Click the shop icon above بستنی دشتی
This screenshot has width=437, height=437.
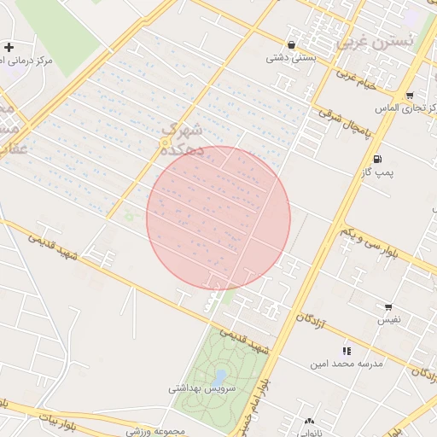click(x=293, y=45)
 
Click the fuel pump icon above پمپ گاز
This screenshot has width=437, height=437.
click(x=376, y=160)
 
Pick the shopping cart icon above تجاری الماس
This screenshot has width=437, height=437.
click(x=411, y=96)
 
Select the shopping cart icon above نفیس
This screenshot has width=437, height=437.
click(x=388, y=307)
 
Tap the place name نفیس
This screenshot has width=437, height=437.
click(x=388, y=320)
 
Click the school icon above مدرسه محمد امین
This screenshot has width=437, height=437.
click(x=347, y=351)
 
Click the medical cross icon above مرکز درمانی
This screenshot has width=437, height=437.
click(x=9, y=47)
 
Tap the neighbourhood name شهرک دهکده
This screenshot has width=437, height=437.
click(x=182, y=139)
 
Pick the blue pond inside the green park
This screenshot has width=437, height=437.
click(x=219, y=376)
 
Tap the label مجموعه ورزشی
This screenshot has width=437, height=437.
click(x=156, y=432)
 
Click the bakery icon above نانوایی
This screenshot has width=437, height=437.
click(x=308, y=422)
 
